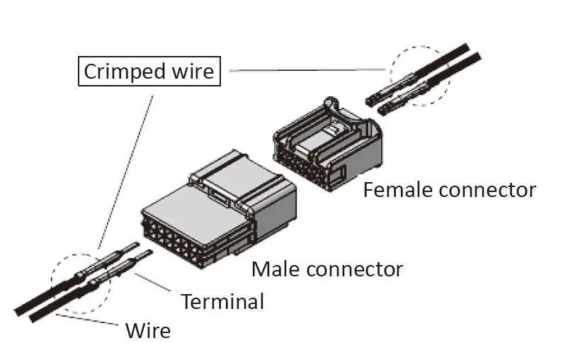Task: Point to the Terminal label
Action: pyautogui.click(x=222, y=301)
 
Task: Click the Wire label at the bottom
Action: pyautogui.click(x=147, y=330)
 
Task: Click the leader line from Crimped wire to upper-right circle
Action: pyautogui.click(x=305, y=70)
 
